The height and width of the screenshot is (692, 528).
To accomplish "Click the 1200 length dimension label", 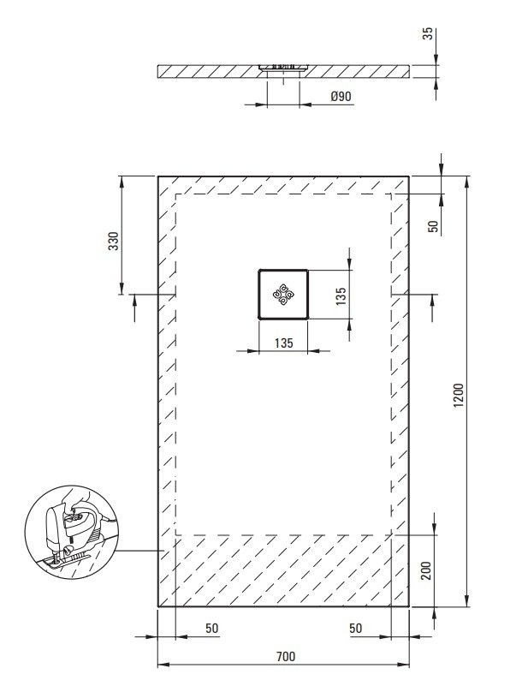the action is [x=459, y=396].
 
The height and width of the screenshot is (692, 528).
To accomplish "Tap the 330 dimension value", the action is [x=115, y=241].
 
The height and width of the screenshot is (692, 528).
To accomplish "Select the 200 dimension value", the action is [x=426, y=570].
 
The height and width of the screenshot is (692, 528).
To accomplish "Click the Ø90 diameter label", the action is [x=341, y=96].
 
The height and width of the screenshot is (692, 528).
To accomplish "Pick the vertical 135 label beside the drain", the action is [x=341, y=295].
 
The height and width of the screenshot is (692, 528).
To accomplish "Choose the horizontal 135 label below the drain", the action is [x=283, y=343].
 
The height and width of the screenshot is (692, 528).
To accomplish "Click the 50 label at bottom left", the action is [x=212, y=628].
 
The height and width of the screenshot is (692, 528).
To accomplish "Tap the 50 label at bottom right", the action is [x=356, y=628].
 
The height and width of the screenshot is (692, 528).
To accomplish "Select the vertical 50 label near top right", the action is [x=434, y=226].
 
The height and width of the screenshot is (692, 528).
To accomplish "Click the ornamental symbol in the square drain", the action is [x=282, y=294].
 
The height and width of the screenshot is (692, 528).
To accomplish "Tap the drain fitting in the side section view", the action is [x=283, y=68].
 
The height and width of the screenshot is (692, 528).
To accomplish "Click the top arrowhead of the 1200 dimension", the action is [x=467, y=182].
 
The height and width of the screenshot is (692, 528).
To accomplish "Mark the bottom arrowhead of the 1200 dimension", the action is [x=467, y=600].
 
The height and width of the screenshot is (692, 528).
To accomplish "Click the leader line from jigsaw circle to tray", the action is [x=138, y=551].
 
